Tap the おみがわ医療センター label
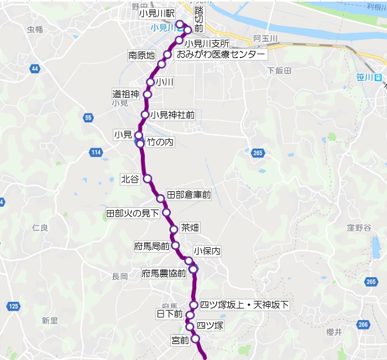tap(220, 55)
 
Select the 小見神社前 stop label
tap(172, 115)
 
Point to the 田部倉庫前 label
tap(189, 195)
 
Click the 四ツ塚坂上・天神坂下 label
tap(244, 305)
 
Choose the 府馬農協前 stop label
tap(164, 273)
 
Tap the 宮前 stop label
tap(180, 340)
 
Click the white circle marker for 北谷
tap(147, 178)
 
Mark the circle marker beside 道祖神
tap(147, 95)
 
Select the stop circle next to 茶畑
tap(174, 229)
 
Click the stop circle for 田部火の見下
tap(166, 212)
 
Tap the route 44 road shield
tap(35, 69)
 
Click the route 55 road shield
tap(88, 117)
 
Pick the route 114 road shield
tap(96, 152)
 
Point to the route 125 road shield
tap(14, 306)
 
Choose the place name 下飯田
tap(279, 70)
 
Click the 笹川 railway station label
tap(365, 77)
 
